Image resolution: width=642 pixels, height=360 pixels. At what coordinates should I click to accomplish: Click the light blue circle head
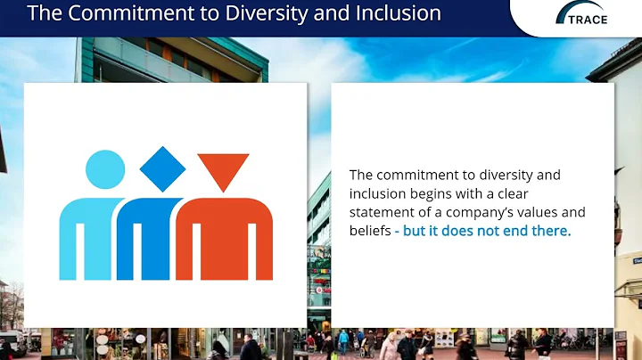[x=105, y=170]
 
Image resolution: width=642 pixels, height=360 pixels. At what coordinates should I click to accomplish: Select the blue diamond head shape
[x=163, y=168]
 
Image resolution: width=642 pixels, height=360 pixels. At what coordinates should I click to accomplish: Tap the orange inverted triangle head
[x=223, y=169]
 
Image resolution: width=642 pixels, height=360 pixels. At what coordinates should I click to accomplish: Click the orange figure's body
[x=224, y=236]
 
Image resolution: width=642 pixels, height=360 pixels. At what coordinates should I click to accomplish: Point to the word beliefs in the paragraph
[x=369, y=231]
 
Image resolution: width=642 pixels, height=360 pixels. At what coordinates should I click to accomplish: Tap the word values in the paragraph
[x=551, y=212]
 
